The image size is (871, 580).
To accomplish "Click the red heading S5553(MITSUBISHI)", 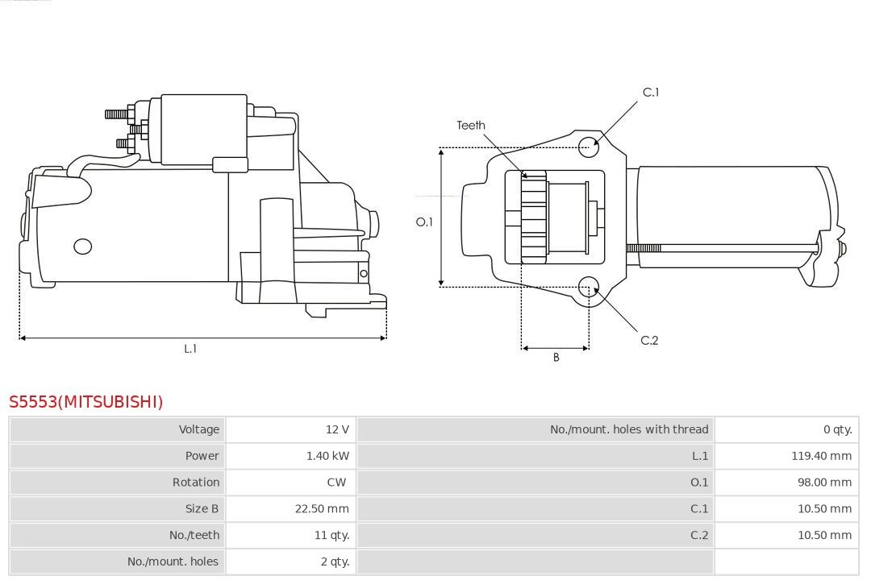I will [86, 402].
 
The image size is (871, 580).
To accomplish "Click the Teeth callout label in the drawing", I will [471, 126].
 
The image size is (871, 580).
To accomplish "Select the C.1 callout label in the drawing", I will [650, 93].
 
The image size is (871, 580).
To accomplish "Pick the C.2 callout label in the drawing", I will [649, 341].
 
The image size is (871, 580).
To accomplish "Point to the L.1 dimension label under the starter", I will [190, 349].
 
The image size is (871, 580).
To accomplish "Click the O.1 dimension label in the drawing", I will [424, 222].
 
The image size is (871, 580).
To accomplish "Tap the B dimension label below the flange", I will [556, 358].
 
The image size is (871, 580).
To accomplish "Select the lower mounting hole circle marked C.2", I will [589, 288].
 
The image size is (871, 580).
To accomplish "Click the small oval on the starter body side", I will [82, 246].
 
